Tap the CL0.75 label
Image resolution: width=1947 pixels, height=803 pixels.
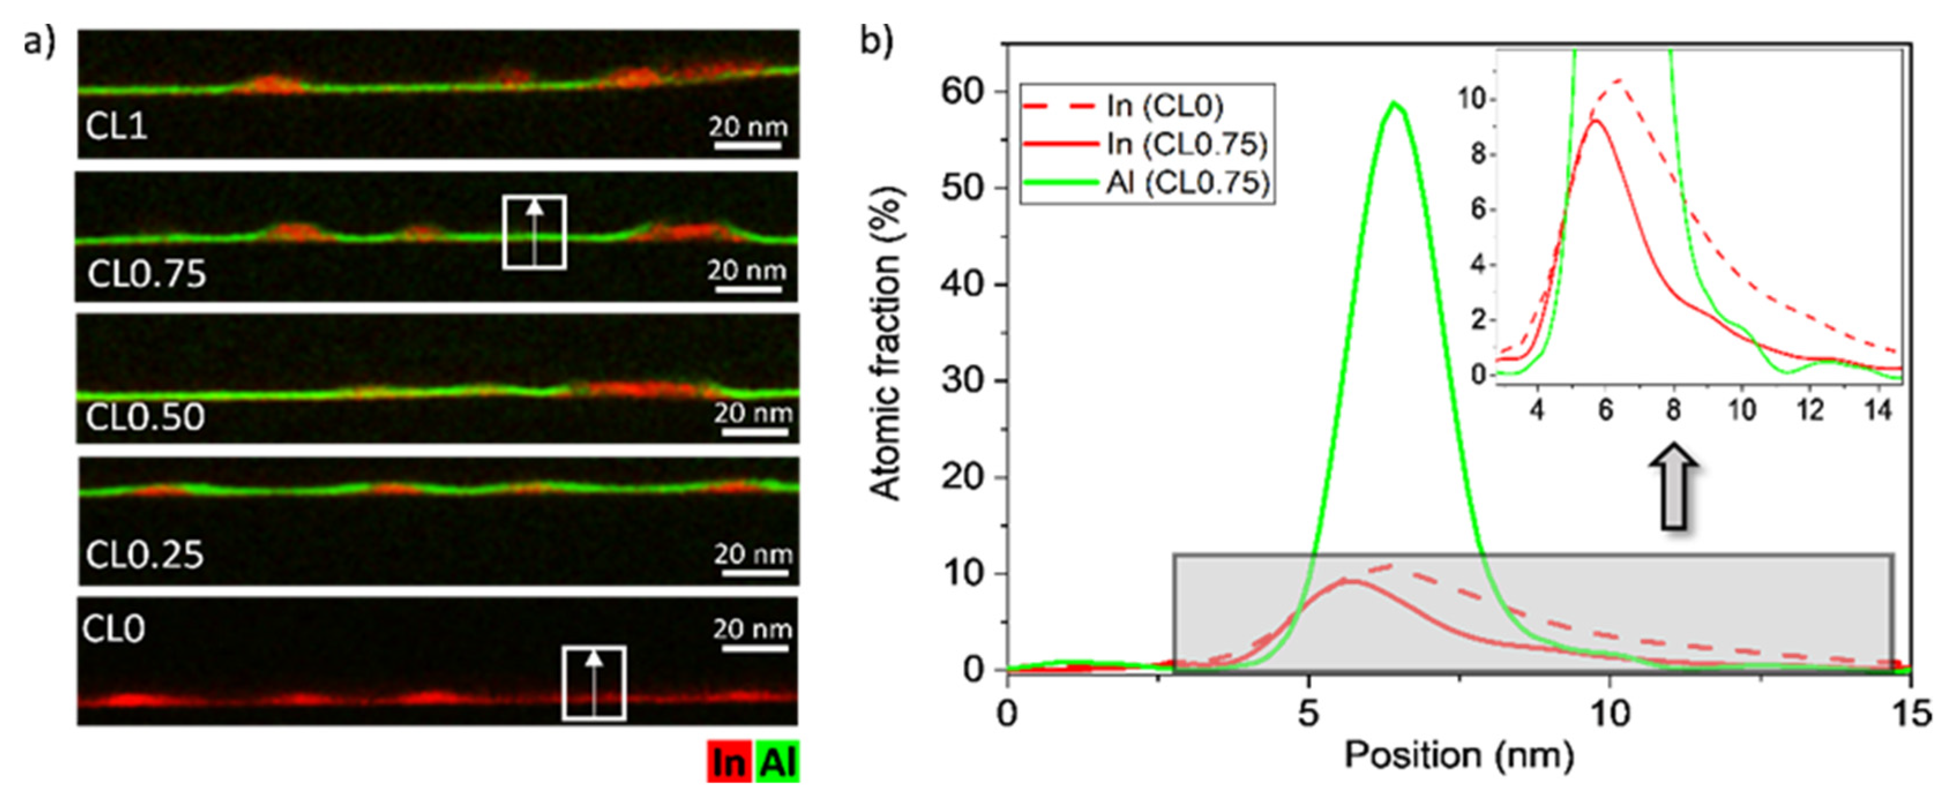point(147,274)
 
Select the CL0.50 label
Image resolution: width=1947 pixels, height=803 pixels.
point(145,417)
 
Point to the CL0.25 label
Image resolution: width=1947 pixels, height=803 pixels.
point(144,555)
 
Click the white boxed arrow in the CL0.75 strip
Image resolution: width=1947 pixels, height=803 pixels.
point(534,232)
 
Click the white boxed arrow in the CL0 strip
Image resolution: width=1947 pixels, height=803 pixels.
point(594,683)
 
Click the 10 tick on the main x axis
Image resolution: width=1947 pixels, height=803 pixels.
point(1610,713)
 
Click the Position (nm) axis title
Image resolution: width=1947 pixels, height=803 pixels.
point(1459,756)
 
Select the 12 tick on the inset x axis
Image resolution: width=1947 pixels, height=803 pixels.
point(1810,410)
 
